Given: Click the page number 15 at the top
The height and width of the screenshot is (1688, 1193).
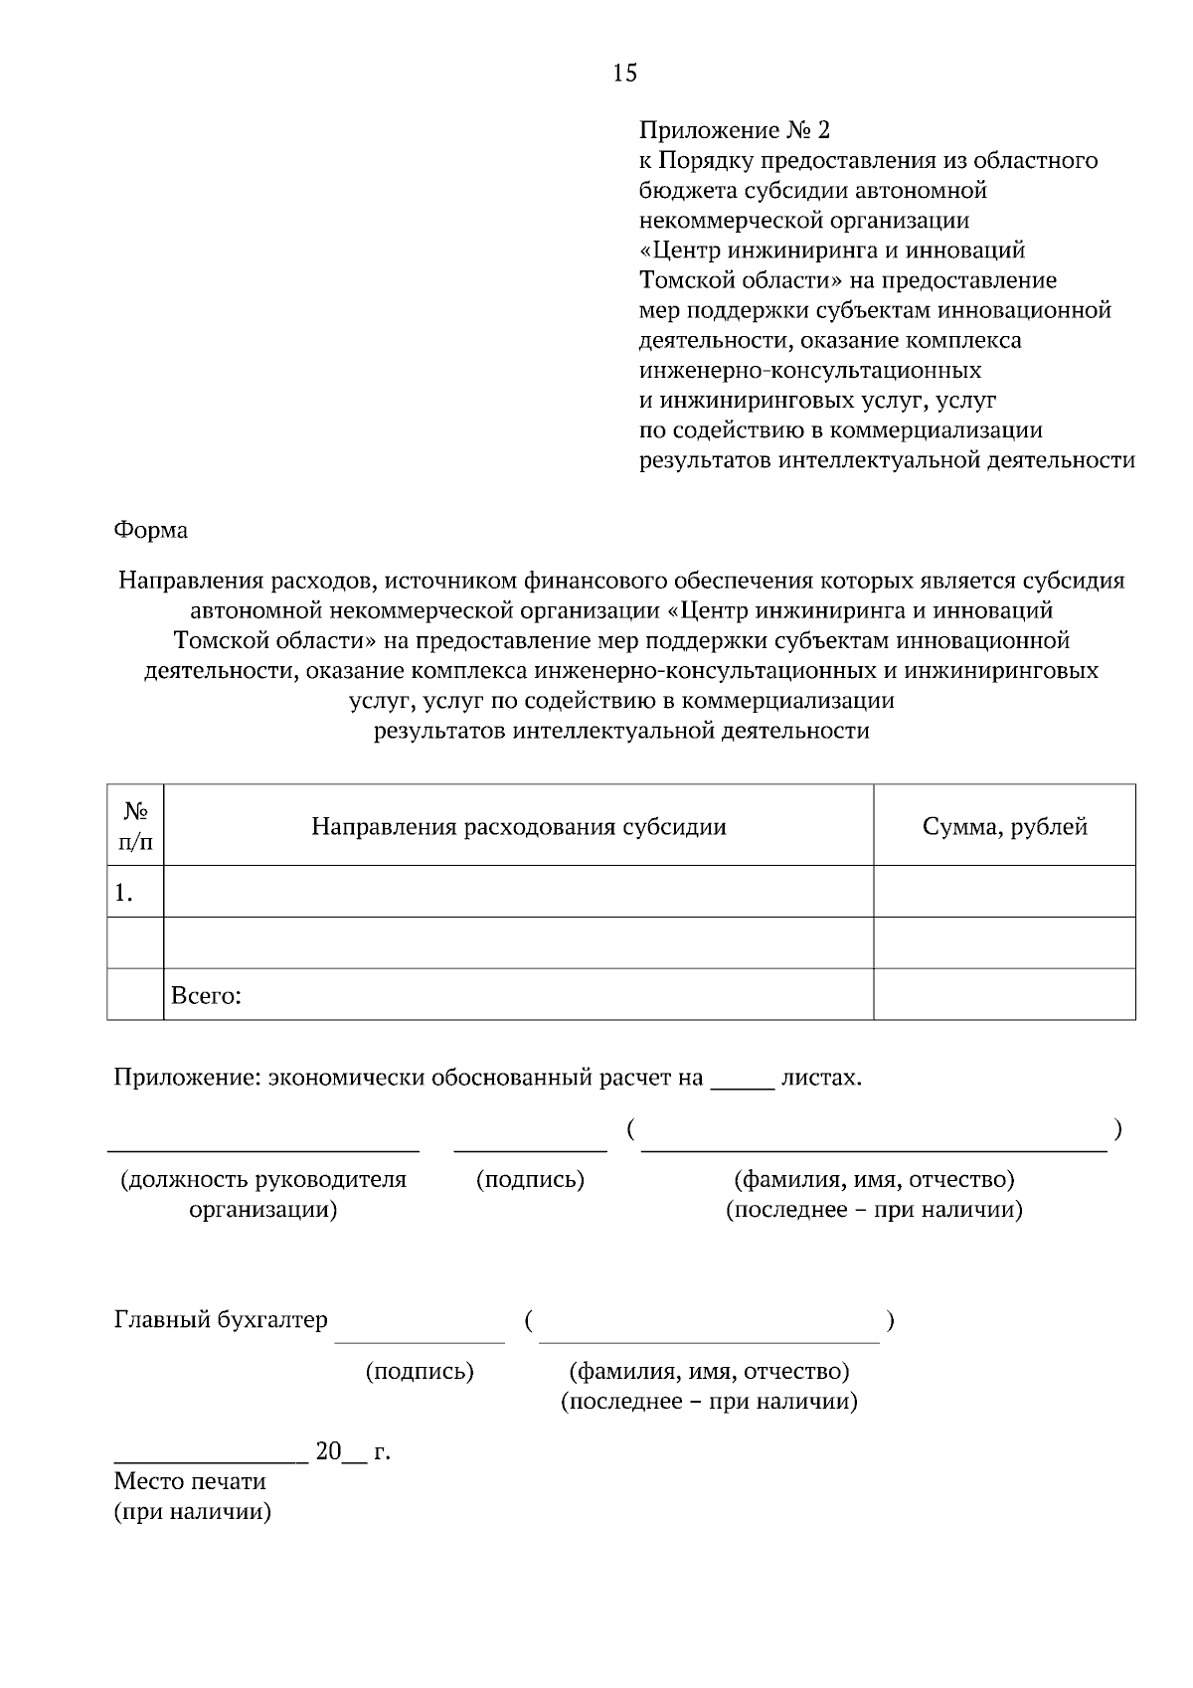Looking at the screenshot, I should [624, 73].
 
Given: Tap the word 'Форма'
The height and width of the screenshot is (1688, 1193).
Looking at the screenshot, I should [150, 530].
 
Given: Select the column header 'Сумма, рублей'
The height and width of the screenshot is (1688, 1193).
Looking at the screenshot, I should [1004, 826].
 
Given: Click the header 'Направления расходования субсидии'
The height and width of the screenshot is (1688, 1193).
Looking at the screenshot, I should [518, 826].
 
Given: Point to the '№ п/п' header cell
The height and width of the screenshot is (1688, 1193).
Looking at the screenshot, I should [135, 826].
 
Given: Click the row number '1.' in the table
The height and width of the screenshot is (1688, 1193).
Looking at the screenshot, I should [123, 893].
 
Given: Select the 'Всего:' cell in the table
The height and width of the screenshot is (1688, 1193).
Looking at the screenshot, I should [207, 995].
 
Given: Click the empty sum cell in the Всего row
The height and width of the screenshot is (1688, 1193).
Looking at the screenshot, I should [1004, 995].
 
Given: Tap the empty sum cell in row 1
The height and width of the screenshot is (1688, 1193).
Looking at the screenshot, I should [1004, 892].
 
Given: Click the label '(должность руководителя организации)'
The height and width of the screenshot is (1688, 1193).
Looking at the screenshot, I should [263, 1194].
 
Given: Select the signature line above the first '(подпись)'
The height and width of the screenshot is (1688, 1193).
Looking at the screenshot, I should [530, 1147].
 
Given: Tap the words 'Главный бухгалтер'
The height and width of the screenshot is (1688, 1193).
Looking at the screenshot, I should [221, 1320].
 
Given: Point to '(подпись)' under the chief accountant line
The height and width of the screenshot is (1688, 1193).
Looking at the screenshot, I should [420, 1372].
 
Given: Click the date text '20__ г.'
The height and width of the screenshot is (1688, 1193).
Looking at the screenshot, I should [353, 1451].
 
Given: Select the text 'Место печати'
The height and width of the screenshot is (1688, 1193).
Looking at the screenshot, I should [190, 1481].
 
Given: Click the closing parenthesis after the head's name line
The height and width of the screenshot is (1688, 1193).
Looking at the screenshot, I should [1118, 1129].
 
